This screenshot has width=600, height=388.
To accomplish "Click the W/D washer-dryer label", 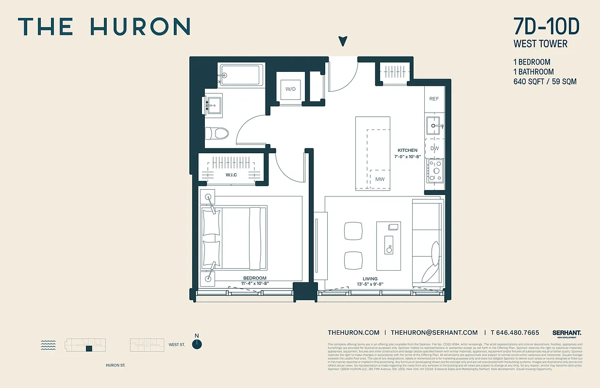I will click(290, 89).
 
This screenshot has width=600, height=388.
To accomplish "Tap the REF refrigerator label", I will click(434, 99).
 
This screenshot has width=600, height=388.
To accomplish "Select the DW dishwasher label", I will click(434, 148).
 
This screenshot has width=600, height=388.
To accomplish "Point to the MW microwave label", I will click(380, 179).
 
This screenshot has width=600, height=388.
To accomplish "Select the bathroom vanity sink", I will click(214, 104).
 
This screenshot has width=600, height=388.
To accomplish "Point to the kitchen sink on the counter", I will click(433, 126).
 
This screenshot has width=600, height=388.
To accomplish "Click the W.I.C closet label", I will click(231, 175).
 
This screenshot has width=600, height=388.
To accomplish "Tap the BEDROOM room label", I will click(255, 278).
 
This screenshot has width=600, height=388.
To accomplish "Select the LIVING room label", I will click(370, 279).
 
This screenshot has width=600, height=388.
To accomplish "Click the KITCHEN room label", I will click(407, 150).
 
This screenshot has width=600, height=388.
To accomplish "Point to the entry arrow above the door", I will click(343, 42).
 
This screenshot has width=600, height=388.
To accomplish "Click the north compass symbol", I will click(197, 344).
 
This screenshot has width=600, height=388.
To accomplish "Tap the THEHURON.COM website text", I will click(353, 333).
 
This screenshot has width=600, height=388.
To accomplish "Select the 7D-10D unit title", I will click(546, 27).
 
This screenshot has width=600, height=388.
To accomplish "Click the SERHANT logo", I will click(567, 333).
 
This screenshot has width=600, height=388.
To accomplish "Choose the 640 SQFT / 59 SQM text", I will click(545, 81).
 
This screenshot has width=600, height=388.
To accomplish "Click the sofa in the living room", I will click(428, 242).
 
